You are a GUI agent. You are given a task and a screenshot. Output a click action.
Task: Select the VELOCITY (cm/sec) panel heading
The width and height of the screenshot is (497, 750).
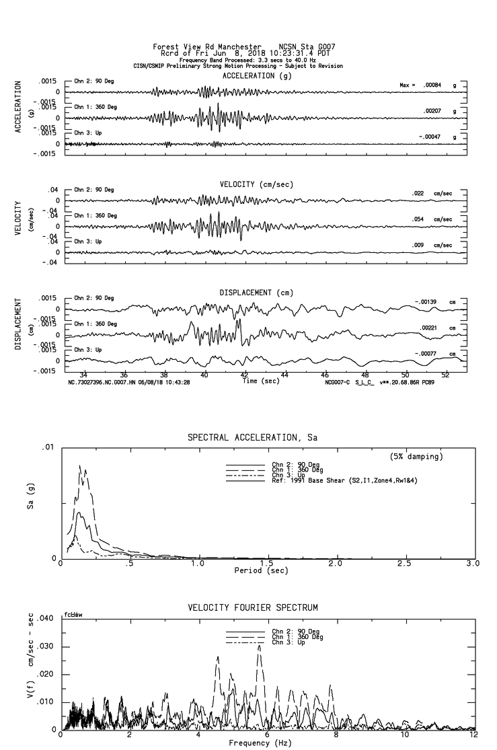click(247, 184)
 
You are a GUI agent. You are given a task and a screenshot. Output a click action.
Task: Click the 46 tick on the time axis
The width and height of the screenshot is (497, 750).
click(325, 375)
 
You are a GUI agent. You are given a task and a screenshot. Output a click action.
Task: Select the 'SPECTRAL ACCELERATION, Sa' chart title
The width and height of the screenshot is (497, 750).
click(252, 437)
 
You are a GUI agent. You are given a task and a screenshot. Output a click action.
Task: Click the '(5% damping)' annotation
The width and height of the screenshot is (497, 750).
click(416, 457)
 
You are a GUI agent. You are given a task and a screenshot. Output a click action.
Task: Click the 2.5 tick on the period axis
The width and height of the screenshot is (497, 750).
click(404, 564)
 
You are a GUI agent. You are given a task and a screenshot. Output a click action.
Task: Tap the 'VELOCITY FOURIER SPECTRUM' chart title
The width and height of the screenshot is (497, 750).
click(252, 608)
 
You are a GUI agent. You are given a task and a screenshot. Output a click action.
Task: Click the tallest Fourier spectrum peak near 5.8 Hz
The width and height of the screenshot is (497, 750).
click(259, 645)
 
